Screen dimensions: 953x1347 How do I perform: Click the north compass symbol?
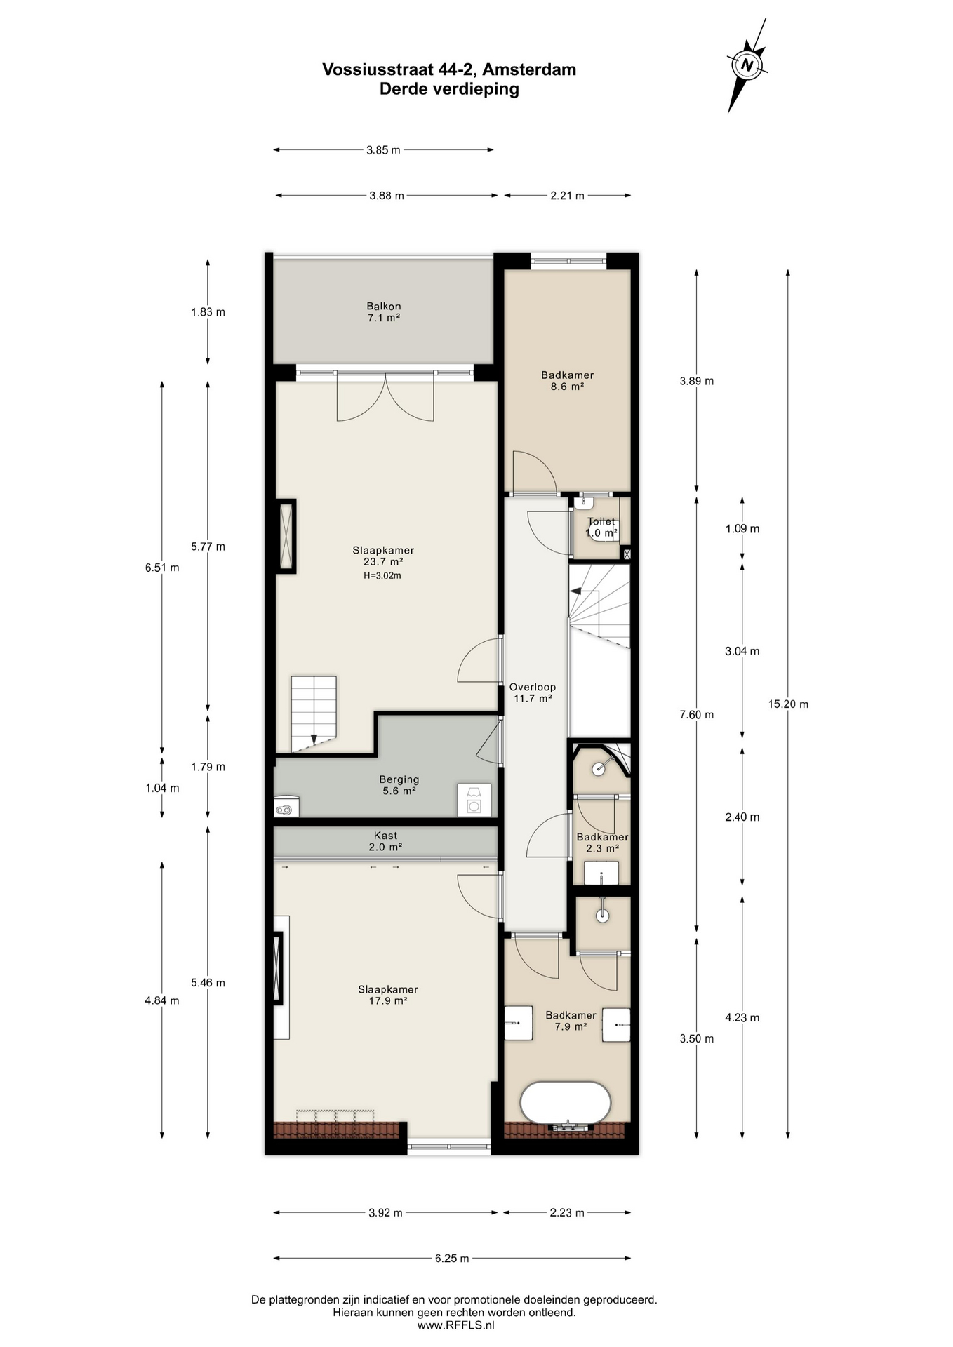pyautogui.click(x=747, y=65)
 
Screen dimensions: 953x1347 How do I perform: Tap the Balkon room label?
pyautogui.click(x=384, y=311)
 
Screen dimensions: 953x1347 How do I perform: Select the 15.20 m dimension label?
pyautogui.click(x=788, y=704)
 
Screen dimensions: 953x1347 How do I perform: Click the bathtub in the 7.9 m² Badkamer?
pyautogui.click(x=565, y=1103)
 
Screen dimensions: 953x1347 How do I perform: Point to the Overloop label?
pyautogui.click(x=533, y=692)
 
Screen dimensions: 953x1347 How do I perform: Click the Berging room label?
pyautogui.click(x=399, y=784)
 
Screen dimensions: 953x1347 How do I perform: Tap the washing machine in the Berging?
pyautogui.click(x=474, y=800)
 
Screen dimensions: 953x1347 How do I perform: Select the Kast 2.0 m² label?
pyautogui.click(x=385, y=841)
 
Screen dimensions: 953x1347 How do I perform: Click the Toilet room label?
pyautogui.click(x=601, y=527)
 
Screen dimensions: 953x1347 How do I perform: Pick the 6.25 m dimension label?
pyautogui.click(x=452, y=1258)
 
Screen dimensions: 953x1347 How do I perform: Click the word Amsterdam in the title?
pyautogui.click(x=529, y=69)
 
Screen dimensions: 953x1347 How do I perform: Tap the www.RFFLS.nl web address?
pyautogui.click(x=455, y=1325)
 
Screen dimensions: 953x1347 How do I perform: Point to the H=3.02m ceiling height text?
pyautogui.click(x=382, y=576)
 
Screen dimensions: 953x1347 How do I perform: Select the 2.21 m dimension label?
pyautogui.click(x=567, y=196)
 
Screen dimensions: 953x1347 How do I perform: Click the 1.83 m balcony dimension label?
pyautogui.click(x=208, y=312)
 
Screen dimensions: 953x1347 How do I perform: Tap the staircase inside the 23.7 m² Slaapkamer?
pyautogui.click(x=314, y=713)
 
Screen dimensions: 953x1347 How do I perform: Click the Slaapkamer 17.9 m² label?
pyautogui.click(x=388, y=995)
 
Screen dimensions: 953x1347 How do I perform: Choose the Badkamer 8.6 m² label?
pyautogui.click(x=567, y=380)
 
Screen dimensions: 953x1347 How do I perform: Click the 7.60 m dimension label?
pyautogui.click(x=696, y=715)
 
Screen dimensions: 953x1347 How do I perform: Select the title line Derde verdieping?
pyautogui.click(x=449, y=89)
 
